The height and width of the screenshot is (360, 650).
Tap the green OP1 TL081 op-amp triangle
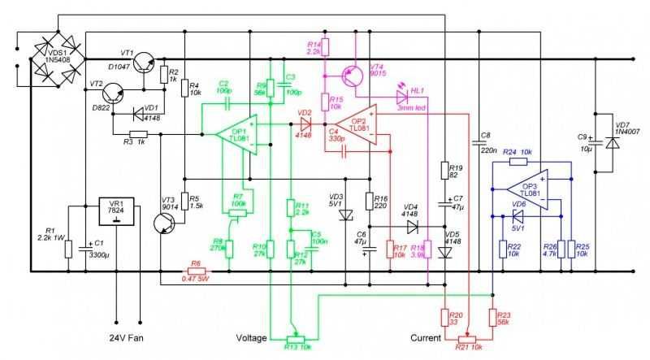pyautogui.click(x=237, y=132)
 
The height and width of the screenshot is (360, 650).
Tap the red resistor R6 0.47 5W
pyautogui.click(x=195, y=271)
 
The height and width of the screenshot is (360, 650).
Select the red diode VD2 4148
pyautogui.click(x=305, y=124)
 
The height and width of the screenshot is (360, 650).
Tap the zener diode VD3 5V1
pyautogui.click(x=347, y=215)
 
